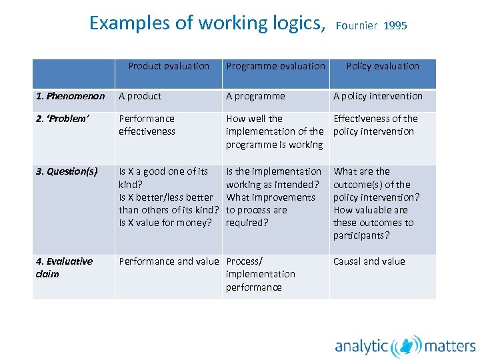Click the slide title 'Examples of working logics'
tap(207, 23)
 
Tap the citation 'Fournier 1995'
tap(371, 26)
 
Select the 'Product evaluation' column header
tap(169, 66)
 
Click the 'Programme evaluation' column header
tap(275, 66)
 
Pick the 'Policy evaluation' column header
tap(383, 66)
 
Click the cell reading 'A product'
tap(140, 96)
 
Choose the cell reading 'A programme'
tap(255, 96)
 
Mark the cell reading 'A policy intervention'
tap(378, 96)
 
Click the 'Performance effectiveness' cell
tap(147, 125)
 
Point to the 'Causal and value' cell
tap(369, 261)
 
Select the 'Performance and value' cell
tap(169, 261)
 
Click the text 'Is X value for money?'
tap(165, 223)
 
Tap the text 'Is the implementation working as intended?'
tap(273, 178)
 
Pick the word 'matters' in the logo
tap(450, 346)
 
